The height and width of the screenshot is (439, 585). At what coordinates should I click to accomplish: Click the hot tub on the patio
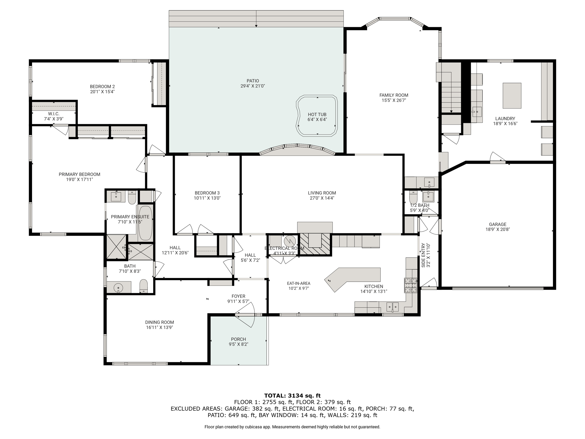point(317,116)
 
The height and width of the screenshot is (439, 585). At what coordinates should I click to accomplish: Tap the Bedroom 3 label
point(207,193)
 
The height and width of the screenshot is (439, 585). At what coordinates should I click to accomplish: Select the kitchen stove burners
point(410,285)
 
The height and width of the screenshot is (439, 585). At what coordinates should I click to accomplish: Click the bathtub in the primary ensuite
point(145,223)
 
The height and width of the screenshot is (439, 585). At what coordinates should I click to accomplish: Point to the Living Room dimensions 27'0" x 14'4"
point(322,198)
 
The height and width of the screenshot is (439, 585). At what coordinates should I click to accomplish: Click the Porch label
point(239,339)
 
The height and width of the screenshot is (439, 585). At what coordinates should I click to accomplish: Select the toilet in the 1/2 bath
point(413,197)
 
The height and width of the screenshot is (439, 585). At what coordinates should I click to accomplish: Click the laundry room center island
point(512,96)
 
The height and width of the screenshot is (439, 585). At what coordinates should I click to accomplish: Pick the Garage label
point(498,224)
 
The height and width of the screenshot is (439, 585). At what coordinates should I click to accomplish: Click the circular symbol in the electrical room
point(290,241)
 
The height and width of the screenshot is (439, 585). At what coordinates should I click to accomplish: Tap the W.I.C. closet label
point(54,114)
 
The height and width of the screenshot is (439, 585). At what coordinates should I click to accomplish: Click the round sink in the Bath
point(118,287)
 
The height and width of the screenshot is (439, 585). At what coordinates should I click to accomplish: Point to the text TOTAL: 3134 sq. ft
point(292,396)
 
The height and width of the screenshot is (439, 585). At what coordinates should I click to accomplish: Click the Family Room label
point(394,95)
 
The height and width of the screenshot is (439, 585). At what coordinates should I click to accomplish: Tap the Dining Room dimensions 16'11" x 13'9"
point(159,328)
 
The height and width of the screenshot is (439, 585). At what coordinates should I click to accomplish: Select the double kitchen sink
point(392,307)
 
